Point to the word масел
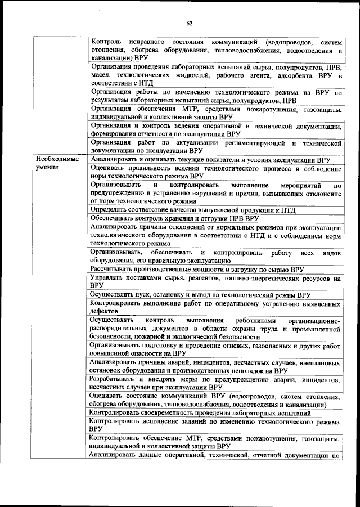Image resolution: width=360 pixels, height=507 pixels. click(101, 74)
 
